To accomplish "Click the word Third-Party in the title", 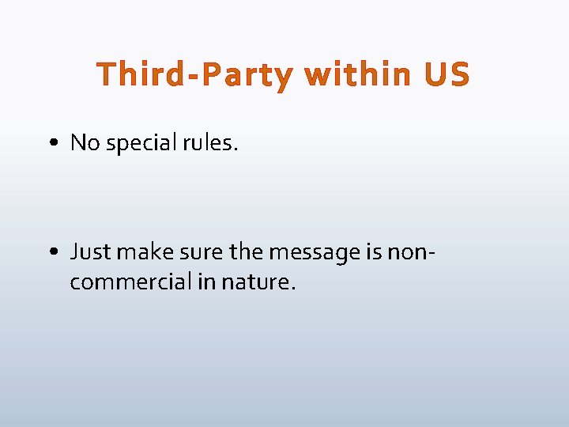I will point(194,76).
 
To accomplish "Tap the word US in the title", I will point(447,75).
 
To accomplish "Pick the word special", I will point(139,144).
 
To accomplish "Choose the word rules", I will point(211,142).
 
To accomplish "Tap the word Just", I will point(89,251).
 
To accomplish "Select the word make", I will point(141,251).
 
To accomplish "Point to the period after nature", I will point(293,289).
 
